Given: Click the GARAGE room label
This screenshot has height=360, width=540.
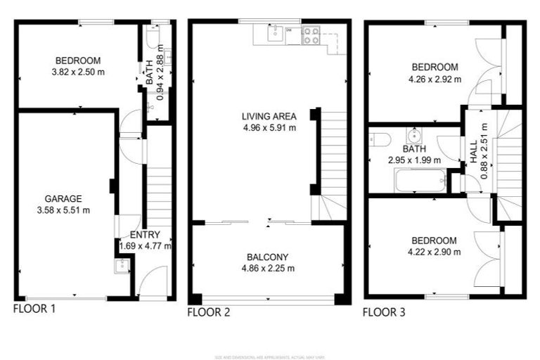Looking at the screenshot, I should point(64,198).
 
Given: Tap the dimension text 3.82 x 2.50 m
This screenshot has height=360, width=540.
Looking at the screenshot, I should point(77,72).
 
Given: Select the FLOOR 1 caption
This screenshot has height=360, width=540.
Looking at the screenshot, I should point(34,308).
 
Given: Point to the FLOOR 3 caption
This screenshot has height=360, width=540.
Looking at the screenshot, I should point(384,312).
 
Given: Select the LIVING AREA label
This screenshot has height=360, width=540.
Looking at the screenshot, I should point(269,117).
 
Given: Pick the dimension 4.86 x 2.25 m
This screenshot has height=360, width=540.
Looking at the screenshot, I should point(269,268).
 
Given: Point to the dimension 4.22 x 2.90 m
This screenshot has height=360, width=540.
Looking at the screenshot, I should point(435,252).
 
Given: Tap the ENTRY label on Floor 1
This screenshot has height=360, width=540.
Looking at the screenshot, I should point(145,235).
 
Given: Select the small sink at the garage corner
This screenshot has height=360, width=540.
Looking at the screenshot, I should point(121,265).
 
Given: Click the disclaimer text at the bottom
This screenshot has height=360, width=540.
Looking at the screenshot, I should point(269,357).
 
